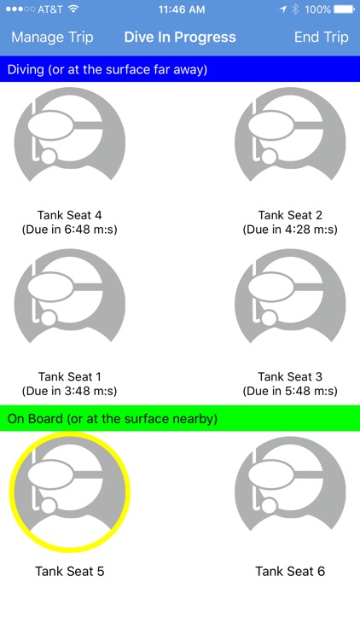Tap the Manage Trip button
(52, 38)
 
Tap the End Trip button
(322, 38)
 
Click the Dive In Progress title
(180, 38)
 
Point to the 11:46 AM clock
(182, 9)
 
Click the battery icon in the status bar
(344, 9)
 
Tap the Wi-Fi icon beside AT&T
(73, 9)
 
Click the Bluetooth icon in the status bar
(295, 9)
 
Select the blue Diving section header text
(107, 69)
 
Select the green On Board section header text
(113, 419)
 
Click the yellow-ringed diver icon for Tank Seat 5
(69, 492)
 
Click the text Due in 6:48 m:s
(69, 230)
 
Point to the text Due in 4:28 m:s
(290, 230)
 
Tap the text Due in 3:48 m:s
(69, 392)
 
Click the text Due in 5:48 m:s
(290, 392)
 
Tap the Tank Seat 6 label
(290, 572)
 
